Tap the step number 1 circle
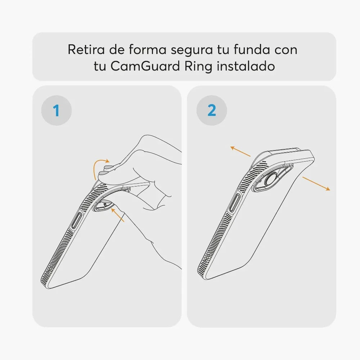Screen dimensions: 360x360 [57, 111]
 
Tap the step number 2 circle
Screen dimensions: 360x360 [212, 111]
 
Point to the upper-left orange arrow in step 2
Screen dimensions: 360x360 [240, 151]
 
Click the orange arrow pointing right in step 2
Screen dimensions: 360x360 [316, 184]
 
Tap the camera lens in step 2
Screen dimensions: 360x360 [271, 179]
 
